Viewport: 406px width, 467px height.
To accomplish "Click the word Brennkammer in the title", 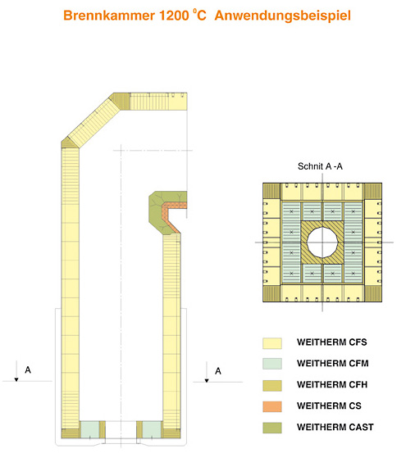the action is (x=109, y=16).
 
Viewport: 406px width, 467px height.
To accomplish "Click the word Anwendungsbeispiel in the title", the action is (x=283, y=16).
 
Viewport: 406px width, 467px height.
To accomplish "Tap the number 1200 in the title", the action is (x=174, y=16).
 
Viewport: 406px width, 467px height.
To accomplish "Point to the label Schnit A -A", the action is (x=320, y=166).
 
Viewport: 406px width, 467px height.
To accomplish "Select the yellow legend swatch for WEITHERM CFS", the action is (x=272, y=343).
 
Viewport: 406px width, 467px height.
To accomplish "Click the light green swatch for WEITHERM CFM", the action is (x=272, y=364).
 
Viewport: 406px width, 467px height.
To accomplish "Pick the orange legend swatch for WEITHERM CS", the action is (x=272, y=406).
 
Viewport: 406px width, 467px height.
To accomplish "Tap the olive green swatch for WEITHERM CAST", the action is (x=272, y=428).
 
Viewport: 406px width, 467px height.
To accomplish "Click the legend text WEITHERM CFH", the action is (x=332, y=385).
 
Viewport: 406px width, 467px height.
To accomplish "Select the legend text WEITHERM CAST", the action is (x=335, y=427).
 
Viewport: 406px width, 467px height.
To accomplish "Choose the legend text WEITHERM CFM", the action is (x=333, y=363).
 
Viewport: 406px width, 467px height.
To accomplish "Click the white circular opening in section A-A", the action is (x=322, y=243).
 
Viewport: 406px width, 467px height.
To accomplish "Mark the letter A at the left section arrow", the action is (x=28, y=370).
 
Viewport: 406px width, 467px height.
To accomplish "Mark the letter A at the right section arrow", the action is (x=218, y=371).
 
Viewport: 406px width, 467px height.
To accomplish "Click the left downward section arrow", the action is (x=16, y=371).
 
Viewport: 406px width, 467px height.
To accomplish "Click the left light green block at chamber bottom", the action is (x=89, y=429).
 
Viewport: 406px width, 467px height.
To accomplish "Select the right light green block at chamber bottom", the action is (x=152, y=429).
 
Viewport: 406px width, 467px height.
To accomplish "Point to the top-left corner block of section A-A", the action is (x=271, y=192).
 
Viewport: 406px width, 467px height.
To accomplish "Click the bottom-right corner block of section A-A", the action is (x=373, y=293).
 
